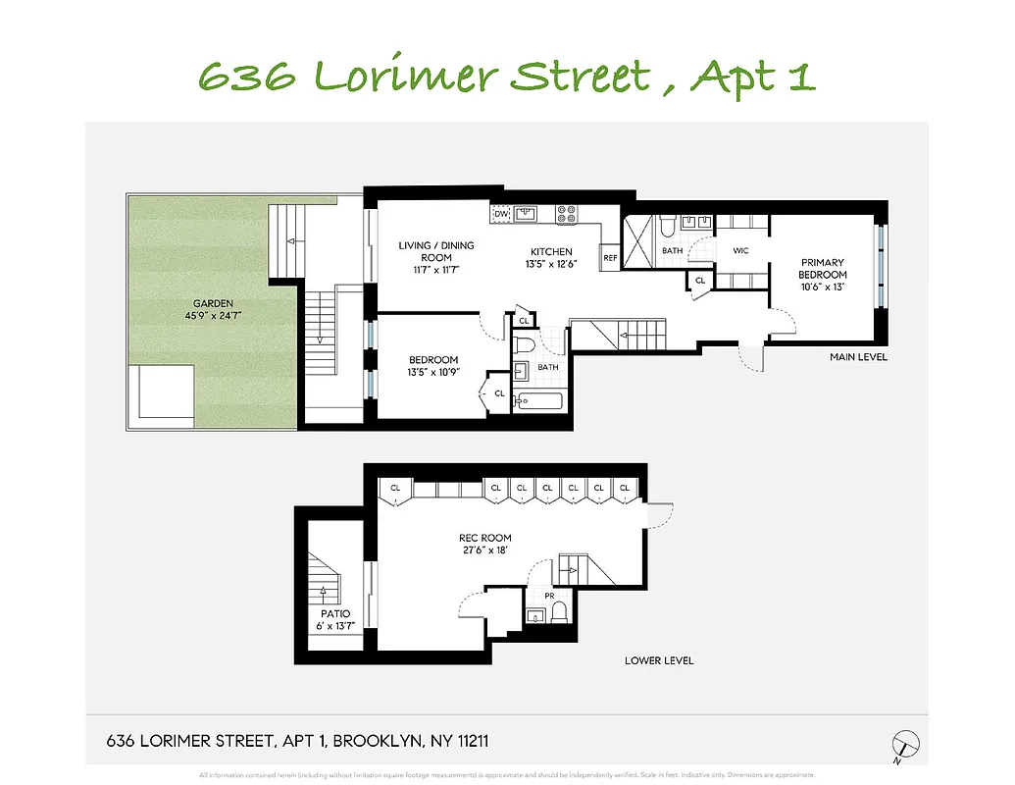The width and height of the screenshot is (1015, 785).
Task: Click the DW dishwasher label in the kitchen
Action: point(500,213)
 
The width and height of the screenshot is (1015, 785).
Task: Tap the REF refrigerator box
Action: point(610,258)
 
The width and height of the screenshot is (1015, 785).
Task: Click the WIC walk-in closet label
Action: point(740,251)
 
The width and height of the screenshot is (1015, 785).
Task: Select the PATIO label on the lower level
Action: point(329,613)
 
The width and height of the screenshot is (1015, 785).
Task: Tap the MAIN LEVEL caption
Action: point(858,357)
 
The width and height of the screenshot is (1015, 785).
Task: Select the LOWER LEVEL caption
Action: point(658,660)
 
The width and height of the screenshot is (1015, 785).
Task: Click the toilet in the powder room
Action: point(558,613)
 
